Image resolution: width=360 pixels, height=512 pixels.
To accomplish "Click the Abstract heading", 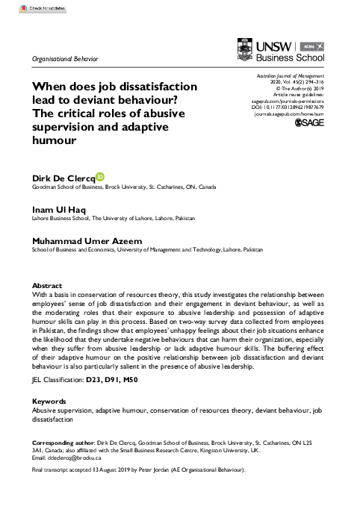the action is tap(46, 286).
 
